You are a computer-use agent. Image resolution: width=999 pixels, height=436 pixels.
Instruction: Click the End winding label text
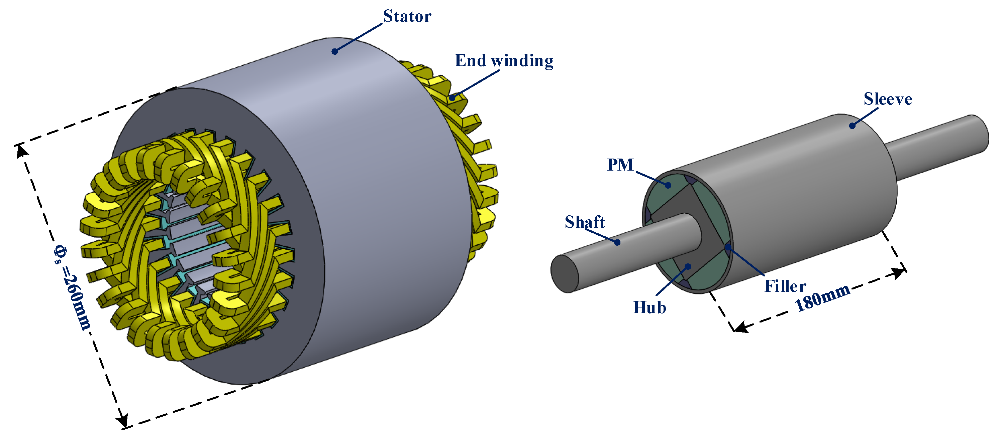(x=504, y=61)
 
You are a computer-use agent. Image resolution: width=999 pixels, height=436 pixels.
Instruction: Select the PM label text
(x=620, y=165)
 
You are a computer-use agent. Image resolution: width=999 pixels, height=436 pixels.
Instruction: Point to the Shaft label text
(x=584, y=222)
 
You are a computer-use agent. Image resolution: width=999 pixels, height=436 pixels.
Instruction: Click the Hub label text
(x=650, y=308)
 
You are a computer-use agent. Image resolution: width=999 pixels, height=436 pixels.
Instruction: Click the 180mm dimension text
(x=822, y=298)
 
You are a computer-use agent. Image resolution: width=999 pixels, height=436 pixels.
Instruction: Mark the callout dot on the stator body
(x=335, y=51)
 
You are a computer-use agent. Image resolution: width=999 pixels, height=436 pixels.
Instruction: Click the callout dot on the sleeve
(x=853, y=126)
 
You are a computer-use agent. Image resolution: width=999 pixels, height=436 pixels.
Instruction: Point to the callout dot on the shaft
(x=617, y=242)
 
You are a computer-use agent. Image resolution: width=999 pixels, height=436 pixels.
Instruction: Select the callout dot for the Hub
(x=688, y=266)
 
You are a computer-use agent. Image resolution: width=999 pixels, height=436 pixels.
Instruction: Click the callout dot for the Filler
(x=728, y=247)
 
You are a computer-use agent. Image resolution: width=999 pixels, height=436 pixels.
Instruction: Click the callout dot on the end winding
(x=452, y=97)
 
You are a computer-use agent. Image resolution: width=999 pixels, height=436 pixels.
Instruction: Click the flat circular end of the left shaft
(x=565, y=273)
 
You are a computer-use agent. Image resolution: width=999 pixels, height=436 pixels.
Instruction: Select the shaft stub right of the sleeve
(x=938, y=147)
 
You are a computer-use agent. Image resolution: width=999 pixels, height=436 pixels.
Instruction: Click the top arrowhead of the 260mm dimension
(x=22, y=151)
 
